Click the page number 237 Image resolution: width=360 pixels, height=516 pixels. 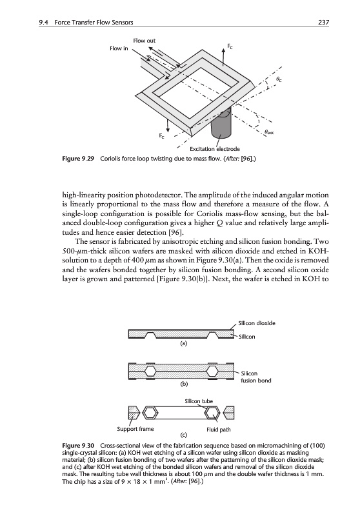coord(323,23)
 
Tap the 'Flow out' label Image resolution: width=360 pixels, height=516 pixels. coord(144,41)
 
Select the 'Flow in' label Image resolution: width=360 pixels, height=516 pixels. coord(119,48)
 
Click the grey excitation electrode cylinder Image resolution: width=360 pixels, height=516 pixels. coord(221,124)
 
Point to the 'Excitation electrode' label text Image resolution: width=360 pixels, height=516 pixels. coord(215,149)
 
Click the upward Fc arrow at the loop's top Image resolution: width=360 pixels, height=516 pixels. coord(224,57)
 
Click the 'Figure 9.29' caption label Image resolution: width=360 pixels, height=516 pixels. coord(78,159)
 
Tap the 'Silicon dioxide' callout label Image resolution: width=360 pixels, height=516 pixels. coord(257,323)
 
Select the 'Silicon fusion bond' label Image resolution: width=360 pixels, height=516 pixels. coord(256,377)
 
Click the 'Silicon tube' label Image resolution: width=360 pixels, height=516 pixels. coord(199,401)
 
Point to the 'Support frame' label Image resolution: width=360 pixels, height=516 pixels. coord(135,429)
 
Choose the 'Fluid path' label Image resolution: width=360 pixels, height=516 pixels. coord(219,430)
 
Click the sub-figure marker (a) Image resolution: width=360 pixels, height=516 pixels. coord(183,344)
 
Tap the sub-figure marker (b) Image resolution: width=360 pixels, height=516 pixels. coord(184,384)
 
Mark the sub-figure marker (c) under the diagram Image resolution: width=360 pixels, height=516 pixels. coord(184,435)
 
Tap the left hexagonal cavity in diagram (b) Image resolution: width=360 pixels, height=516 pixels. coord(151,372)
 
